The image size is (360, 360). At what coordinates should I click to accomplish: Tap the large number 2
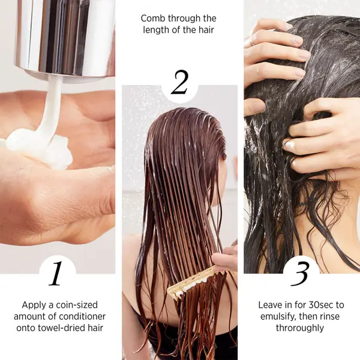coord(179,83)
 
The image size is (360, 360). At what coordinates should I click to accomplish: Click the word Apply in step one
coord(34,305)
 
